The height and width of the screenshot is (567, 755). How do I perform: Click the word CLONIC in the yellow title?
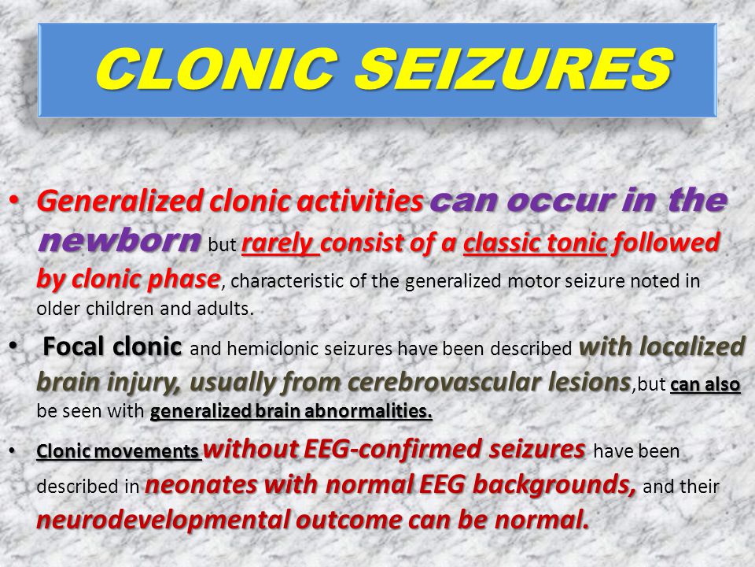217,69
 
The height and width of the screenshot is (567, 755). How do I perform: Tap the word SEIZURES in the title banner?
514,69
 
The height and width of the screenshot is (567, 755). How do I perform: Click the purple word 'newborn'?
119,239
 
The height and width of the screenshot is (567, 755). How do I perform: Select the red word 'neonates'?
201,484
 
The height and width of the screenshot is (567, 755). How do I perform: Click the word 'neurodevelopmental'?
163,521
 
